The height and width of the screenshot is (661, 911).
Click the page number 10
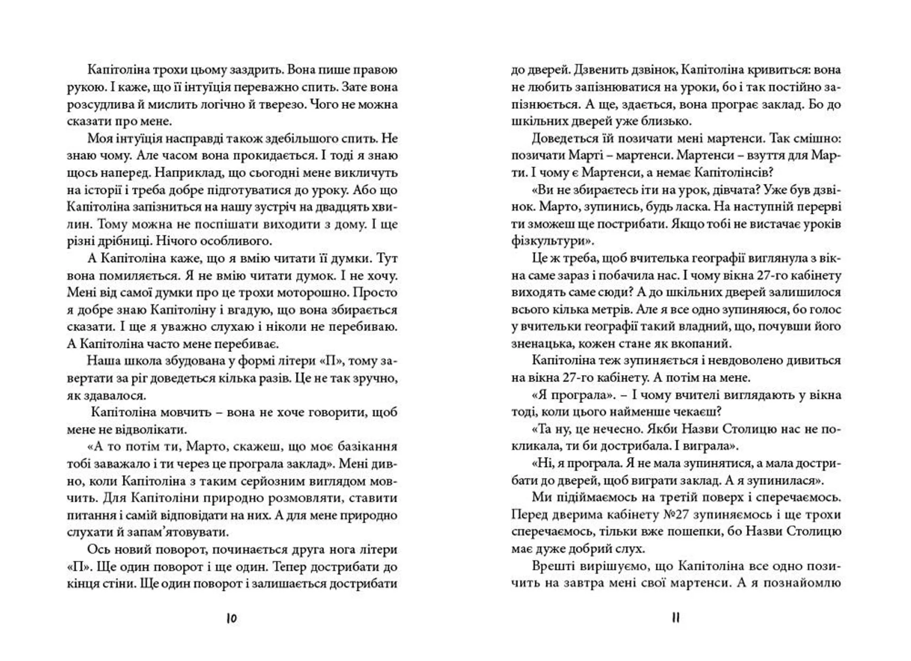(232, 618)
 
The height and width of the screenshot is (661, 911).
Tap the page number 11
(676, 618)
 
